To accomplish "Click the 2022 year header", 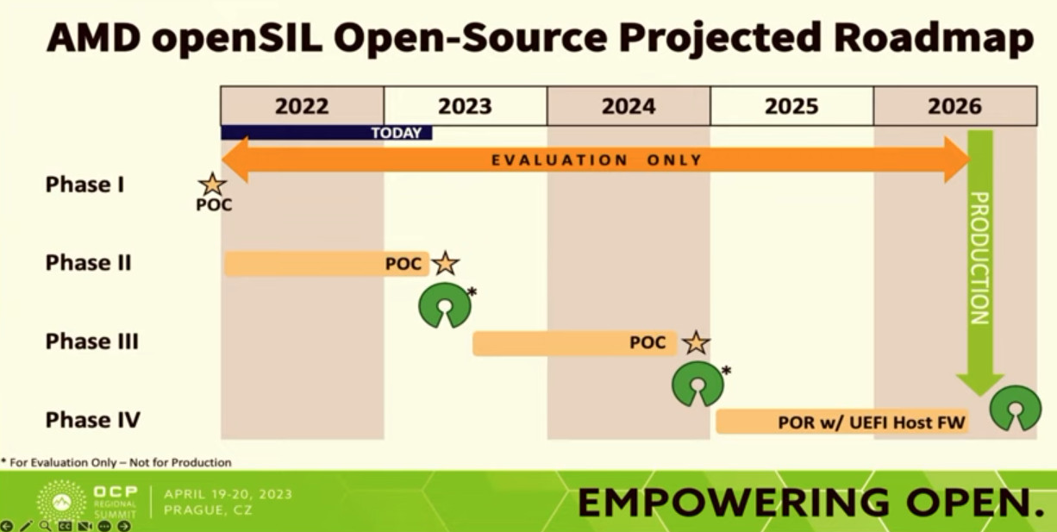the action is (x=302, y=106).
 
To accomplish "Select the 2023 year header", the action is (x=466, y=106).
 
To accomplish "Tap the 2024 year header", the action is (x=629, y=106).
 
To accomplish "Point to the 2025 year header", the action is (x=791, y=106).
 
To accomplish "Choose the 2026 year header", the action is (x=955, y=106).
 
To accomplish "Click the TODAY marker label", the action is (x=397, y=133).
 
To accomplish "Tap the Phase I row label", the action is (x=85, y=185).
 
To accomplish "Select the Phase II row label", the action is (x=88, y=262).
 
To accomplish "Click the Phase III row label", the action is (x=92, y=341).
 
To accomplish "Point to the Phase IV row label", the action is (x=93, y=420).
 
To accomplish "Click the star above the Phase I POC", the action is (x=212, y=185).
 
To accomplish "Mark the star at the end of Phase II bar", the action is (x=445, y=263).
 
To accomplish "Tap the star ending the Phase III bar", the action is (x=696, y=342).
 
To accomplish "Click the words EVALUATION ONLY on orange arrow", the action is (x=597, y=160).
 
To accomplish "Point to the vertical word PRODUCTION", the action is (x=979, y=258).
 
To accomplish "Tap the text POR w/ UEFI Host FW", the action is (x=872, y=422).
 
